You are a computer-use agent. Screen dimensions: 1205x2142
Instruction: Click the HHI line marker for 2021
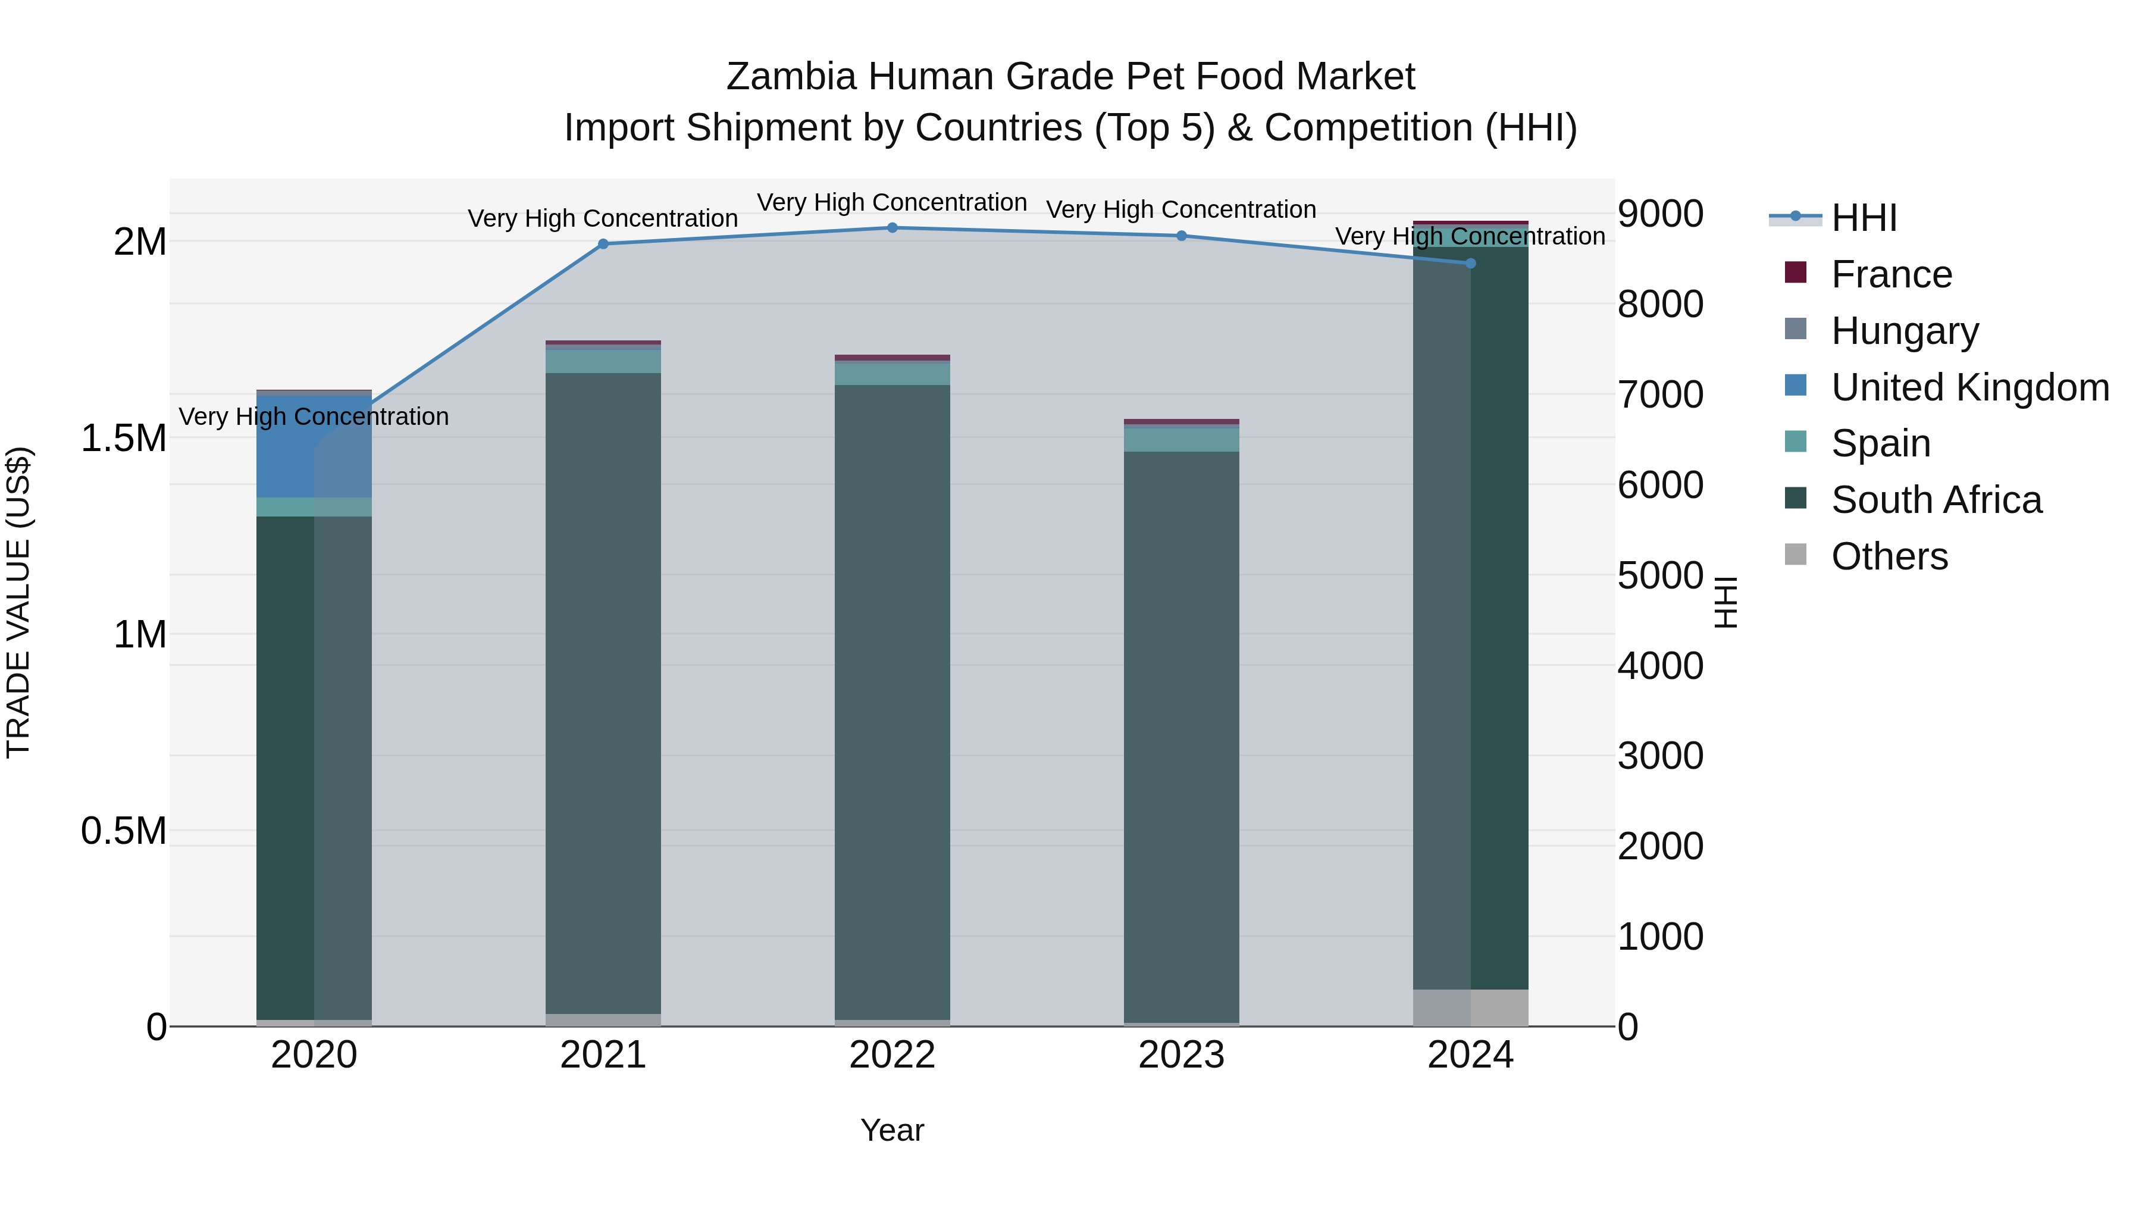603,243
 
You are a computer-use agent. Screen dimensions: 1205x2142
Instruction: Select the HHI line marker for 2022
892,227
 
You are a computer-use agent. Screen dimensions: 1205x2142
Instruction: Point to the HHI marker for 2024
1470,263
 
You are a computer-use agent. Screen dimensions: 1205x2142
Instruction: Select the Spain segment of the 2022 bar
892,373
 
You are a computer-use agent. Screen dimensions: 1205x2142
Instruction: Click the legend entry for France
1891,274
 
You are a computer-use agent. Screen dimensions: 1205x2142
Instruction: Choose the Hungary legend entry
1904,331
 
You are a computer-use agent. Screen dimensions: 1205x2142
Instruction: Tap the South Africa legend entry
1936,500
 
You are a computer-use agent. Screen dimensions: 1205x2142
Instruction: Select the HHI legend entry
1864,218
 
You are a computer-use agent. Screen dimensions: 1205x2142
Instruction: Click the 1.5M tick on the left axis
124,438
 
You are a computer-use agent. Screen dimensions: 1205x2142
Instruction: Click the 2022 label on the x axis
892,1055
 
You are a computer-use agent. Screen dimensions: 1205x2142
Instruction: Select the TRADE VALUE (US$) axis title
18,602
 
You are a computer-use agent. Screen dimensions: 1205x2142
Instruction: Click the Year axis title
892,1130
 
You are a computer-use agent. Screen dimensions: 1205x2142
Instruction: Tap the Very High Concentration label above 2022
892,202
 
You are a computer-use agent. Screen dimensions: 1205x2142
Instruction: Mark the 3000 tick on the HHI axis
1659,756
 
